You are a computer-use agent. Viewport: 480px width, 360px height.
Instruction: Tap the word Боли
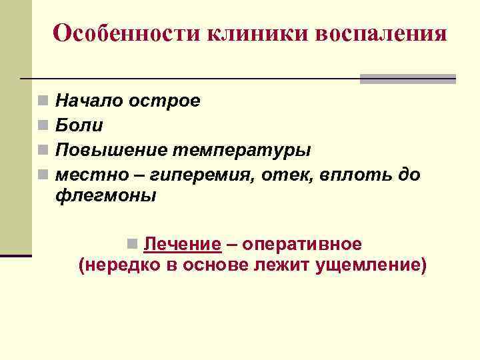click(x=79, y=125)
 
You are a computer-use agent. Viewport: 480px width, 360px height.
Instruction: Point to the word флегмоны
click(x=106, y=196)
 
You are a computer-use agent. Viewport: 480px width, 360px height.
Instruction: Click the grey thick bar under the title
click(x=407, y=79)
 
